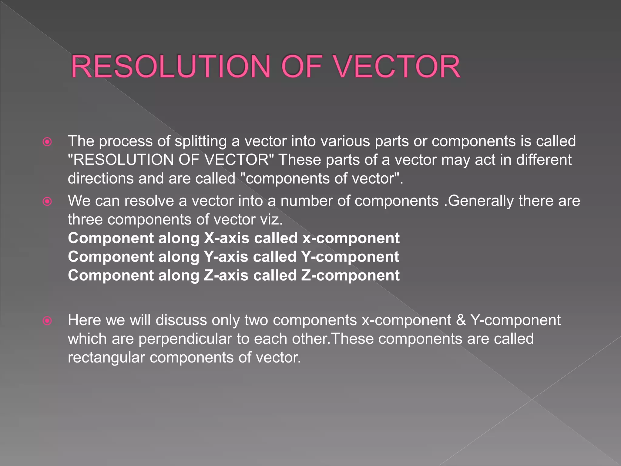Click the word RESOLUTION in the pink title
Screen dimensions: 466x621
click(x=170, y=67)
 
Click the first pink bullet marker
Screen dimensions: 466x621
click(x=47, y=142)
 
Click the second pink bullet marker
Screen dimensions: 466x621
click(x=47, y=201)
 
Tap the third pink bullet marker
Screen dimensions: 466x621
click(x=47, y=321)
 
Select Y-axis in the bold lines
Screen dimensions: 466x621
click(x=226, y=257)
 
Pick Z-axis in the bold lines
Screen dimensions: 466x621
click(x=226, y=275)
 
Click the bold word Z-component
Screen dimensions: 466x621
click(x=350, y=275)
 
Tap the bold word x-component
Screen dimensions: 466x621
click(x=351, y=238)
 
